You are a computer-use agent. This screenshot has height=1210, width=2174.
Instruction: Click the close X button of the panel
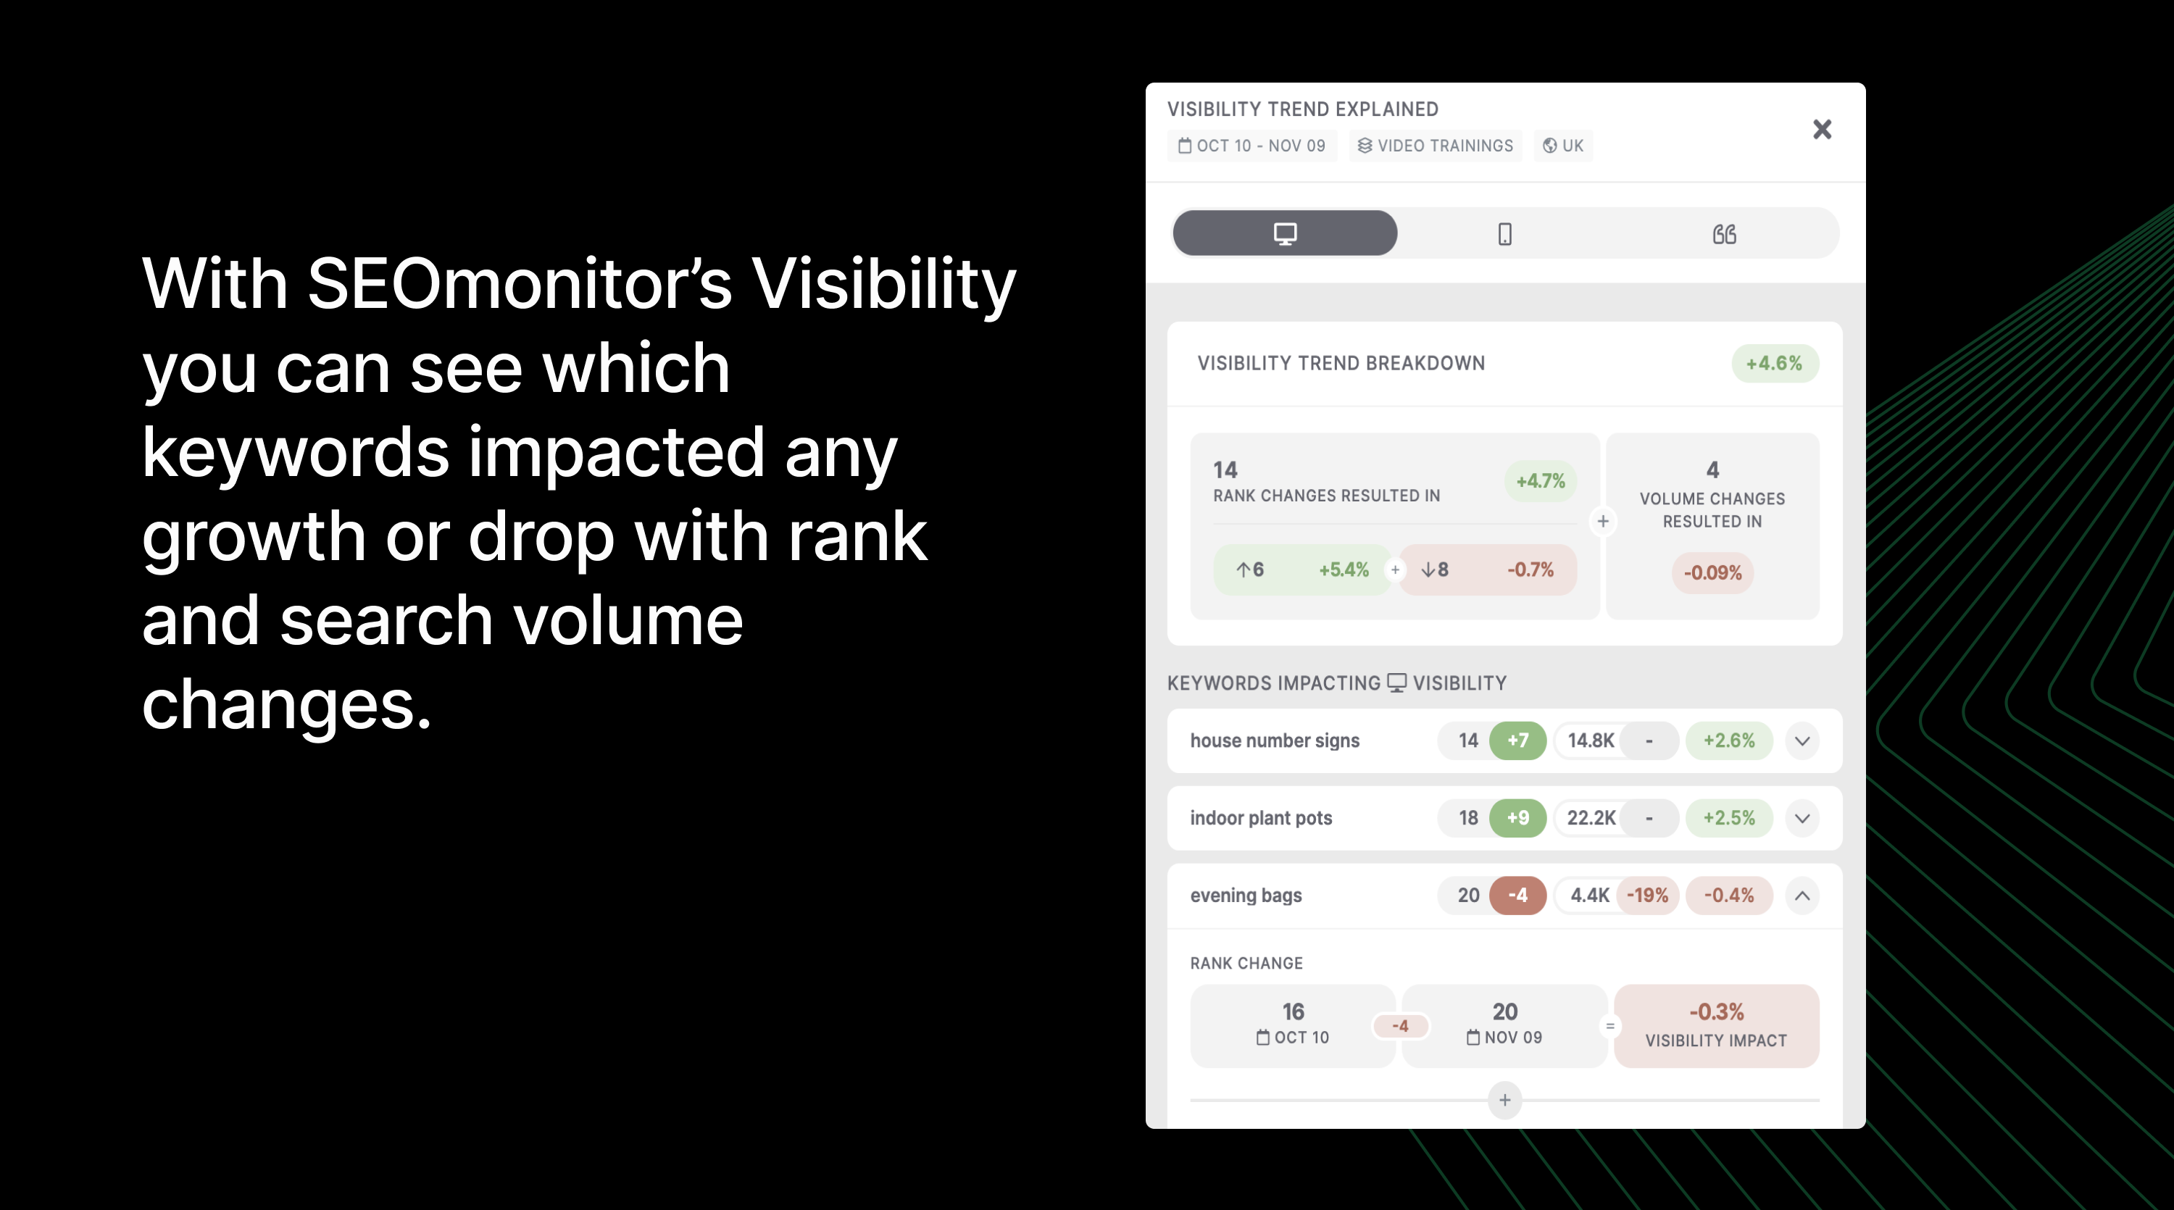coord(1822,129)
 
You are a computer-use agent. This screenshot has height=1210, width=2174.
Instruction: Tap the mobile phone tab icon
coord(1504,234)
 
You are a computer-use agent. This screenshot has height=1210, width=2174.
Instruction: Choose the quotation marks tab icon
coord(1724,234)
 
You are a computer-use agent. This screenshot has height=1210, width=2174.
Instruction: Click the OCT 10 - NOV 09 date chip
coord(1252,146)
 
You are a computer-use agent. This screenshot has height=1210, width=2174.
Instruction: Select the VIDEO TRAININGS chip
coord(1435,146)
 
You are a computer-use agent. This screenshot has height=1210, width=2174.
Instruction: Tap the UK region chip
coord(1563,146)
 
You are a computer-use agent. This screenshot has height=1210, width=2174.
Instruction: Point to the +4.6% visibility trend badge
coord(1775,364)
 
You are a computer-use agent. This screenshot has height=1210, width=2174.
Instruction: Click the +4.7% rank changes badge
coord(1540,481)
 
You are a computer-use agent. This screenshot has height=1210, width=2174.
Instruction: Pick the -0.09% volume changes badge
coord(1712,573)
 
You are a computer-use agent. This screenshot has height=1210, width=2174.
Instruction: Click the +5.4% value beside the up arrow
coord(1344,570)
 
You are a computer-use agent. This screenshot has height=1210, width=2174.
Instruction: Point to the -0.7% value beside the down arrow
coord(1530,570)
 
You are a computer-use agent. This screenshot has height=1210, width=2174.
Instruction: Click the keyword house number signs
coord(1275,740)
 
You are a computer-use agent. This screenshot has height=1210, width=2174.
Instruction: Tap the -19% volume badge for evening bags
coord(1647,896)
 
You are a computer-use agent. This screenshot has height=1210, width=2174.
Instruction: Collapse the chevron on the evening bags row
coord(1802,896)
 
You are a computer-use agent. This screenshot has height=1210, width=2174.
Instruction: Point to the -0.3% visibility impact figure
coord(1716,1011)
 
